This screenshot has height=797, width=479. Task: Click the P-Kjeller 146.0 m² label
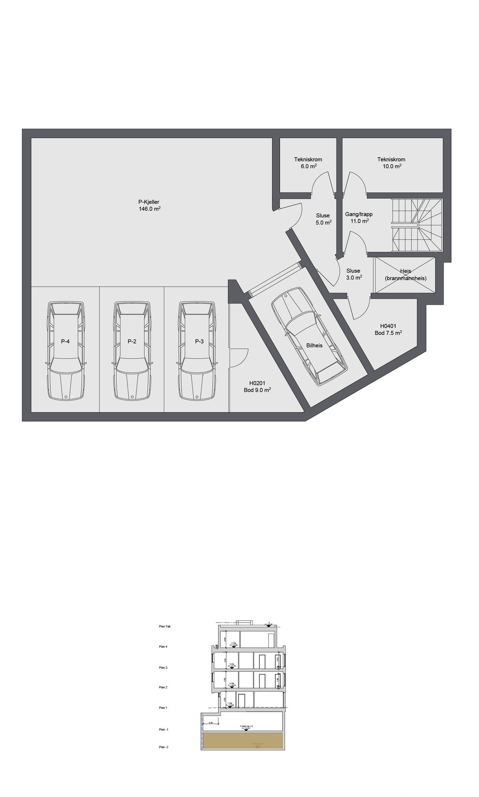click(149, 205)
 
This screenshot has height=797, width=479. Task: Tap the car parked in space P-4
click(66, 350)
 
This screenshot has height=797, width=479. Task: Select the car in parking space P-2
click(131, 350)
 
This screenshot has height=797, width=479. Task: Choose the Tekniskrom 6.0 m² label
click(308, 163)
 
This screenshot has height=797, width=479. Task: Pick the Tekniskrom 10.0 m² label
click(391, 163)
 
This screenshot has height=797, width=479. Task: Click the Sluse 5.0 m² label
click(323, 219)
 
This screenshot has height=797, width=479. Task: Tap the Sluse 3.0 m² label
click(353, 274)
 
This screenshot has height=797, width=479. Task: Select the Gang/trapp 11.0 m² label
click(359, 217)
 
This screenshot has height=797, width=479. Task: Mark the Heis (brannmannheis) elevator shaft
click(405, 275)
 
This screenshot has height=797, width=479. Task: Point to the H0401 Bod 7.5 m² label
click(388, 329)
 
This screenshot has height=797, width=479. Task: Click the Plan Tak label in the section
click(164, 627)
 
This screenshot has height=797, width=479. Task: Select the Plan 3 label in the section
click(163, 667)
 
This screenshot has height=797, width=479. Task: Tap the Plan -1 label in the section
click(164, 729)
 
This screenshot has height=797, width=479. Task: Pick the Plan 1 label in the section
click(163, 708)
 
